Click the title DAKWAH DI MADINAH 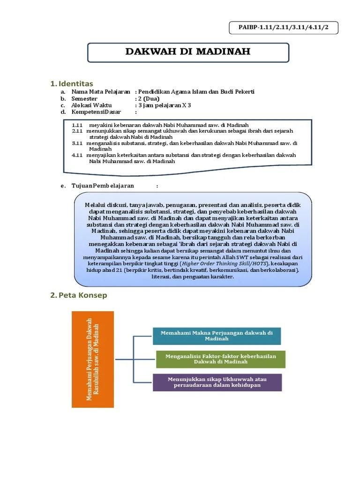(x=188, y=51)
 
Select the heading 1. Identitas (x=72, y=83)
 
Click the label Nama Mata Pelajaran (x=100, y=92)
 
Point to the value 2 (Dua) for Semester (x=149, y=99)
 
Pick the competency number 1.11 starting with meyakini (x=77, y=125)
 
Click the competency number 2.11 (x=77, y=131)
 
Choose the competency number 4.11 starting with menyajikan (x=77, y=155)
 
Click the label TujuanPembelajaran (x=103, y=186)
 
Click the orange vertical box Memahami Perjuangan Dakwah (x=92, y=359)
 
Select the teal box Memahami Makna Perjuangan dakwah (x=217, y=336)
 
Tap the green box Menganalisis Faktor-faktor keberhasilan (x=220, y=359)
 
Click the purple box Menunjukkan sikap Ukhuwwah (x=217, y=382)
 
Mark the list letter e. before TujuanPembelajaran (x=62, y=186)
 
